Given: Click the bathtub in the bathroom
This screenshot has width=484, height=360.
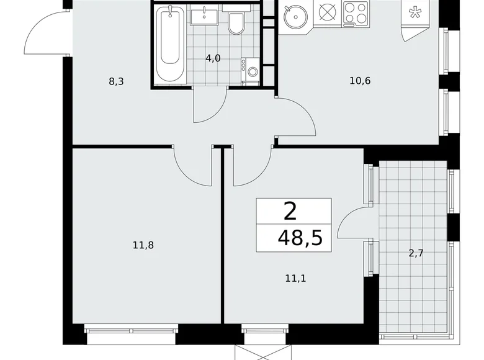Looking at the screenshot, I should tap(170, 45).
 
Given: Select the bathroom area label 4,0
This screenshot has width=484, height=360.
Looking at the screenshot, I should tap(213, 58).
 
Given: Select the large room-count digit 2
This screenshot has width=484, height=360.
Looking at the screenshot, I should tap(290, 212).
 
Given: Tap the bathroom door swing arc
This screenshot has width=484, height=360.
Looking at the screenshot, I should tap(210, 106).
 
